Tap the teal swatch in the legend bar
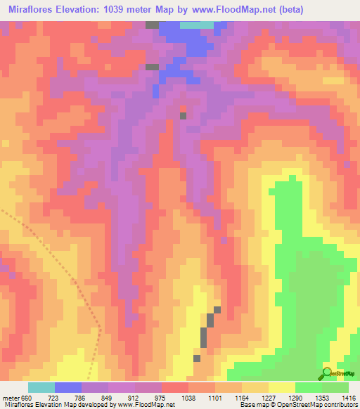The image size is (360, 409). pyautogui.click(x=41, y=387)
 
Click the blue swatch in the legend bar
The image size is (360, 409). pyautogui.click(x=68, y=387)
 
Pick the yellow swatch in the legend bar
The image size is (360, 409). pyautogui.click(x=281, y=387)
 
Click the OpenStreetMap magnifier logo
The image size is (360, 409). pyautogui.click(x=327, y=372)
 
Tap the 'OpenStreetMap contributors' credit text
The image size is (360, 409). pyautogui.click(x=316, y=405)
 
